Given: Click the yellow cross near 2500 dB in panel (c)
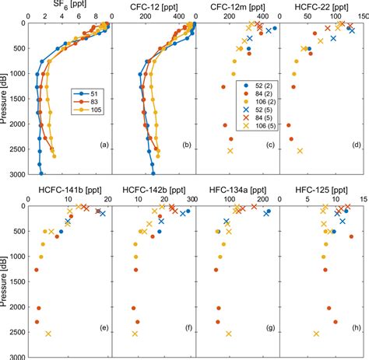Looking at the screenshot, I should click(x=230, y=151).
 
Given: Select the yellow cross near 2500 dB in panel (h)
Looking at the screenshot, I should click(x=316, y=334).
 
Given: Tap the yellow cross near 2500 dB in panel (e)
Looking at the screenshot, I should click(x=48, y=334).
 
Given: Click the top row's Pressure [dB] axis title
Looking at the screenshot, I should click(x=5, y=98).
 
